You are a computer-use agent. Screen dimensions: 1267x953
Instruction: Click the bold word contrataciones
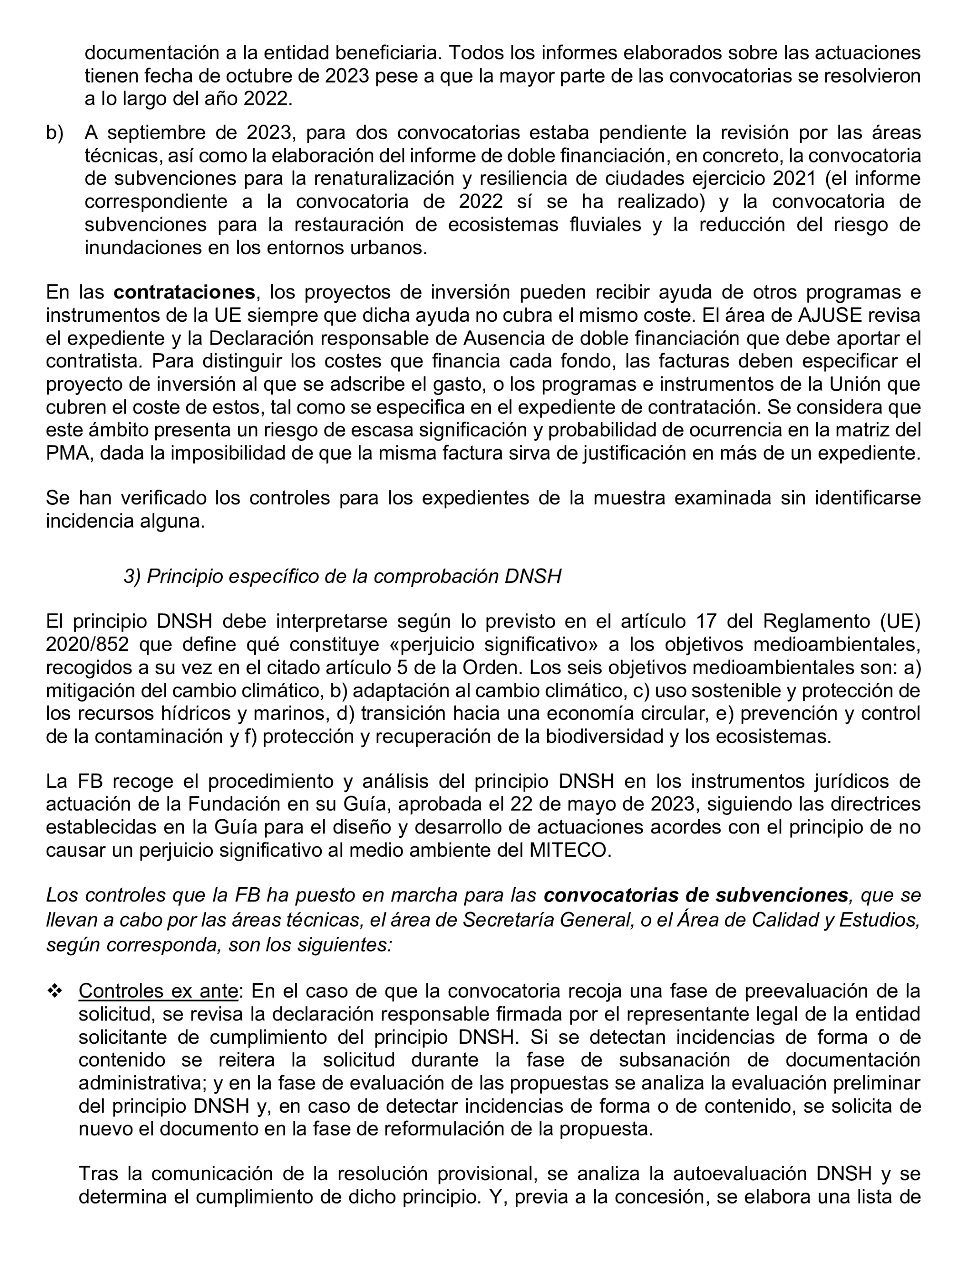[x=184, y=292]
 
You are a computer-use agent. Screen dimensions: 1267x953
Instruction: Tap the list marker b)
[x=54, y=133]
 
